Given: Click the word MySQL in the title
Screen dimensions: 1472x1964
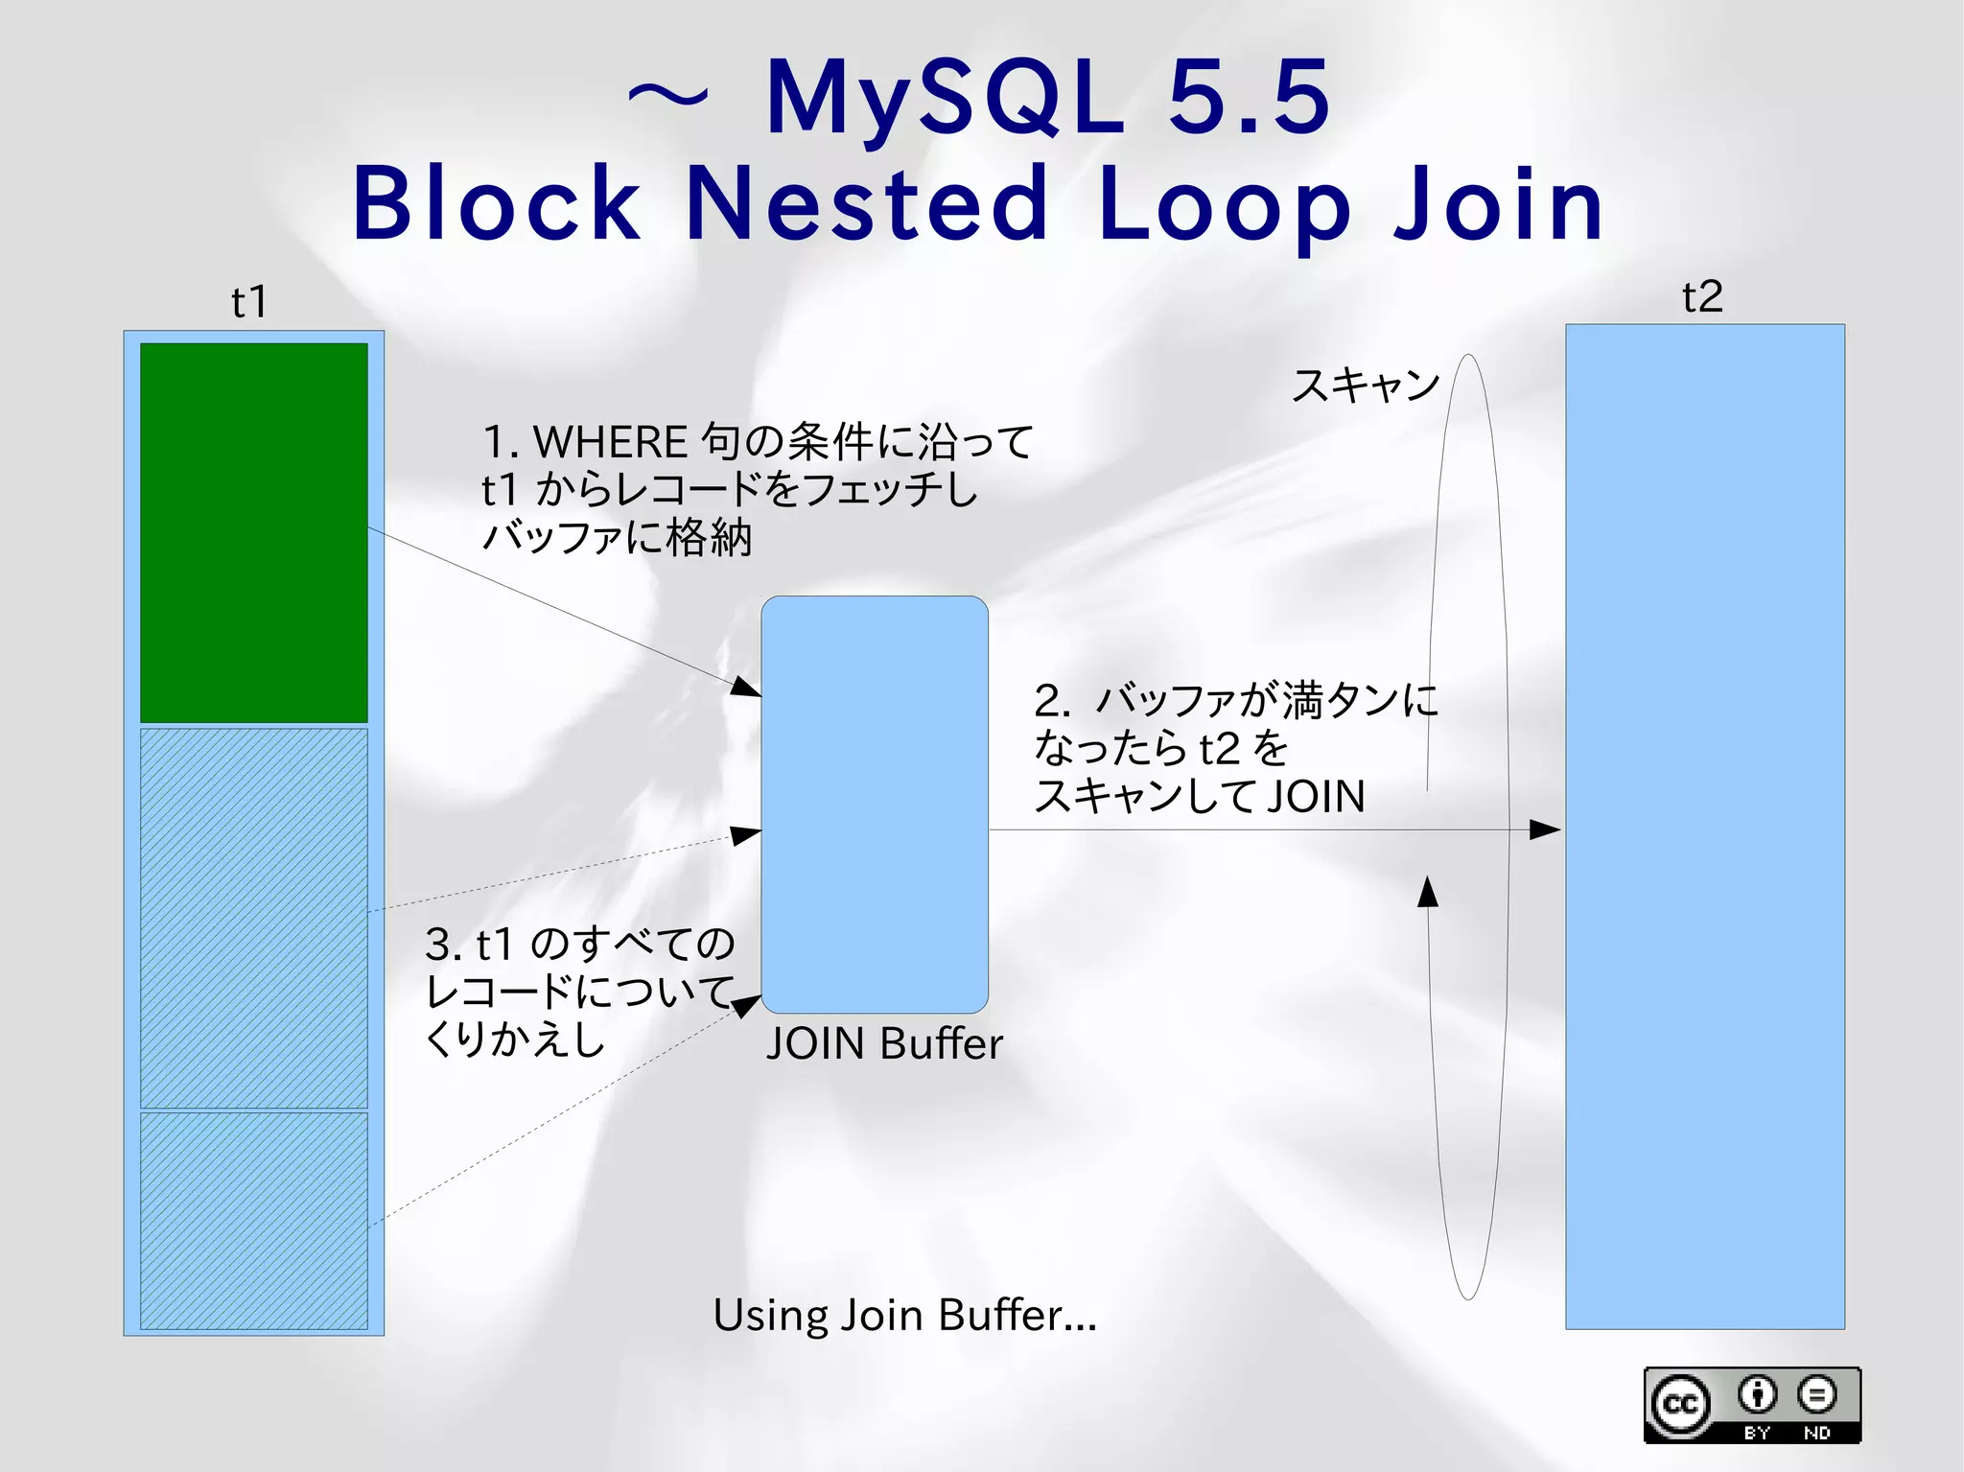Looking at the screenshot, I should (x=945, y=99).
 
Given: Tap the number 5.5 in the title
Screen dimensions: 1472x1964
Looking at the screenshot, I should (x=1249, y=97).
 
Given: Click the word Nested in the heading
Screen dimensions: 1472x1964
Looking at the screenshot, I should (x=868, y=203).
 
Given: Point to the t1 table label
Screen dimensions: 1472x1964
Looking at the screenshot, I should (x=249, y=303).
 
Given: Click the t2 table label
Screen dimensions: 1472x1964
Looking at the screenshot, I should (x=1702, y=297).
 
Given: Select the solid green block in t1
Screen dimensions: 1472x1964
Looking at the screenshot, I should (x=254, y=532).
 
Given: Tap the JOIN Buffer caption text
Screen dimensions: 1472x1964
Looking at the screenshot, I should (x=883, y=1043).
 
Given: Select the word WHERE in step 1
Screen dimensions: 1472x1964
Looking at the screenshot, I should (x=610, y=443).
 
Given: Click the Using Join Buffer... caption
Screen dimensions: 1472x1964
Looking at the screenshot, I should (x=904, y=1315).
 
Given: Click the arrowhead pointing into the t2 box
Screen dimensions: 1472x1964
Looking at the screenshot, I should (x=1545, y=829).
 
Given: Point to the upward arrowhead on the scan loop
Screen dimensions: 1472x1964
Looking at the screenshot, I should (x=1428, y=891).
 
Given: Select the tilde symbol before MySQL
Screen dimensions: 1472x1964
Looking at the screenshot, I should (x=668, y=97).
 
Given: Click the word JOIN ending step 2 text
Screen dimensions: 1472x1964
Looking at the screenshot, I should (x=1316, y=797).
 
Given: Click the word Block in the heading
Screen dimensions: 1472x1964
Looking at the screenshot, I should (x=496, y=203).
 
